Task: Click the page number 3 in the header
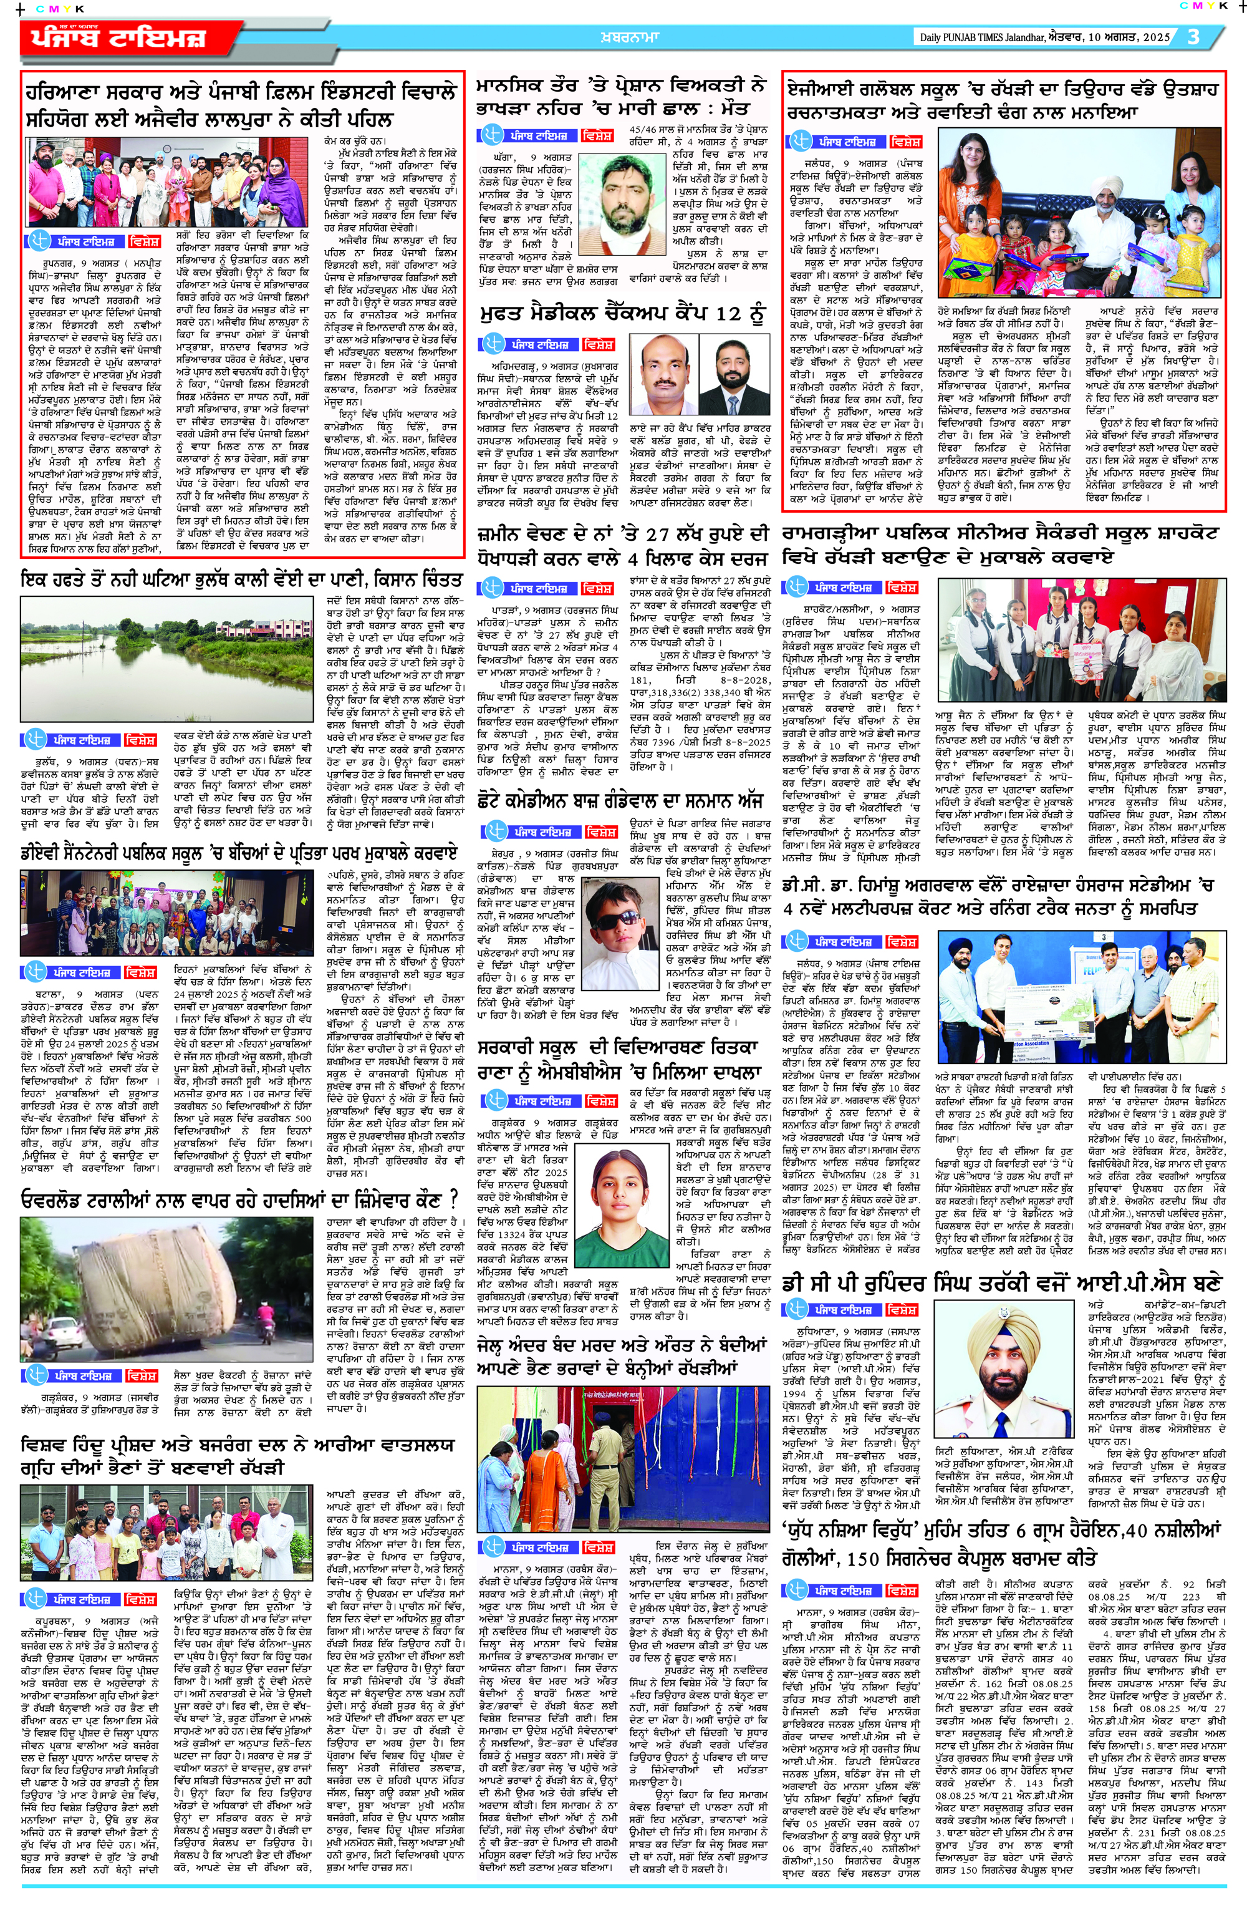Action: [x=1193, y=37]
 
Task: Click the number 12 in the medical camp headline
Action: [x=728, y=314]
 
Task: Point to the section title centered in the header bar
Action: [x=628, y=37]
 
